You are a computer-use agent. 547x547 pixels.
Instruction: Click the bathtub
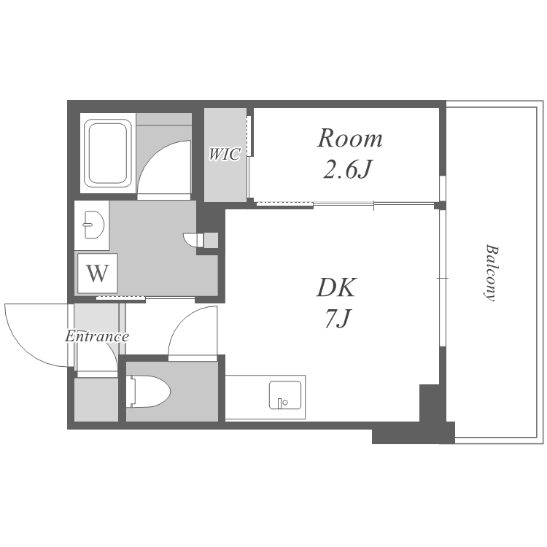[108, 152]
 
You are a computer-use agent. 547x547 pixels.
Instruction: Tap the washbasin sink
[94, 225]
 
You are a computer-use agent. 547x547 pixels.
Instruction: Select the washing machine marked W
[97, 273]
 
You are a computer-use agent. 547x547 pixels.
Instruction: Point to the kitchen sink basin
[285, 395]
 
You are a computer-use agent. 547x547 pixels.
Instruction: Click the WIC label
[225, 154]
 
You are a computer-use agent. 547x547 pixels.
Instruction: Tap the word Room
[350, 139]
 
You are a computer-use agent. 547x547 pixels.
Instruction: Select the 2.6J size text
[346, 170]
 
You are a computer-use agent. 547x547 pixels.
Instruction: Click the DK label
[336, 287]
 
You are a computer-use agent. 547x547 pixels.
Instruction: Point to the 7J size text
[337, 319]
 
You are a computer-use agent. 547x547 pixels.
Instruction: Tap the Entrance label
[97, 337]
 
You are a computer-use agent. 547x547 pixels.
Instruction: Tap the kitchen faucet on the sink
[280, 403]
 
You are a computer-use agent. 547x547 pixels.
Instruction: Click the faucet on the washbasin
[86, 225]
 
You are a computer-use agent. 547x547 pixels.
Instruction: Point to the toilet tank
[132, 391]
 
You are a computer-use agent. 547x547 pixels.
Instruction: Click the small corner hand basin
[190, 239]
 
